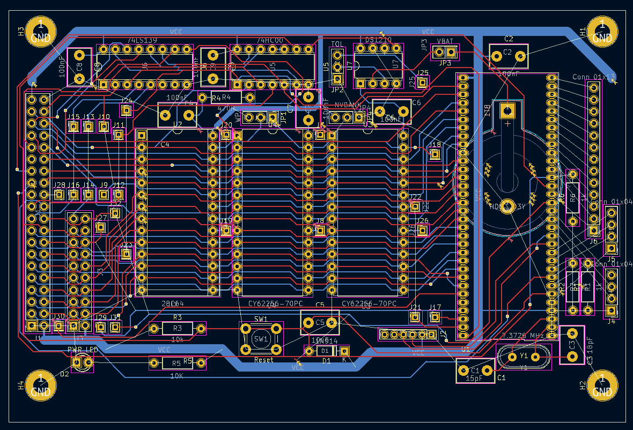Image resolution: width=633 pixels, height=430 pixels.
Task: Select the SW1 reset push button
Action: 261,338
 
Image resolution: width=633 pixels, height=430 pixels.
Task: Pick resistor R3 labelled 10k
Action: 177,328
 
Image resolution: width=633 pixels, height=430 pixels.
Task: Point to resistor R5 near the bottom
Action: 177,363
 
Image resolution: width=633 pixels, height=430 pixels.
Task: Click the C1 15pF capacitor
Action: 475,370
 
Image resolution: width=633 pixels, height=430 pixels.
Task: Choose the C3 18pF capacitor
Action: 572,345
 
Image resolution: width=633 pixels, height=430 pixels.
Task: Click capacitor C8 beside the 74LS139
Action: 79,66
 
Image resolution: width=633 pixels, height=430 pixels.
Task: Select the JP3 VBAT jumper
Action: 445,52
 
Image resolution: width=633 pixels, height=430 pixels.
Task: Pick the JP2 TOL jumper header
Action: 337,67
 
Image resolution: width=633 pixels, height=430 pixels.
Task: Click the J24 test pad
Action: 126,110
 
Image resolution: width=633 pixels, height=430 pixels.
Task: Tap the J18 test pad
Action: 435,154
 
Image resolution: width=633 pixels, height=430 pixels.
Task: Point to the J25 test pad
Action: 423,82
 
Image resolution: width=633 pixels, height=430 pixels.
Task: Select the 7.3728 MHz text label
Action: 522,336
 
